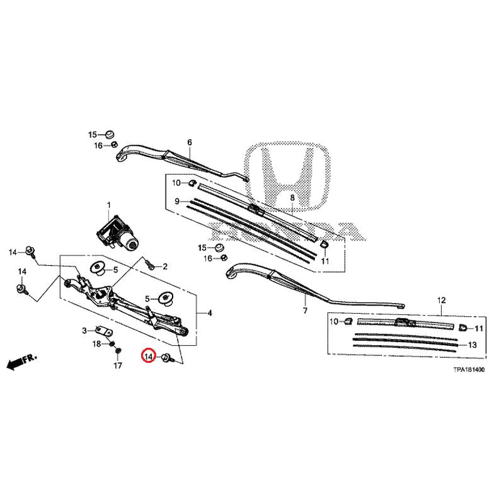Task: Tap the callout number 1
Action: (108, 205)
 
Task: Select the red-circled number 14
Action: (149, 357)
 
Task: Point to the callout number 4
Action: (210, 313)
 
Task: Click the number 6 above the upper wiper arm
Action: (189, 142)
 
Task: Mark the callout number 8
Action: (292, 198)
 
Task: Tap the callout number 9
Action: (178, 201)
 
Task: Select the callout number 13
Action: (472, 345)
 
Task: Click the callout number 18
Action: (96, 343)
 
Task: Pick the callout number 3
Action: (84, 330)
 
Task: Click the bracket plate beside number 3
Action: (103, 331)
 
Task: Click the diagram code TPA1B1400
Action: (467, 372)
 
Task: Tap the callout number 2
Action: (164, 266)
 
